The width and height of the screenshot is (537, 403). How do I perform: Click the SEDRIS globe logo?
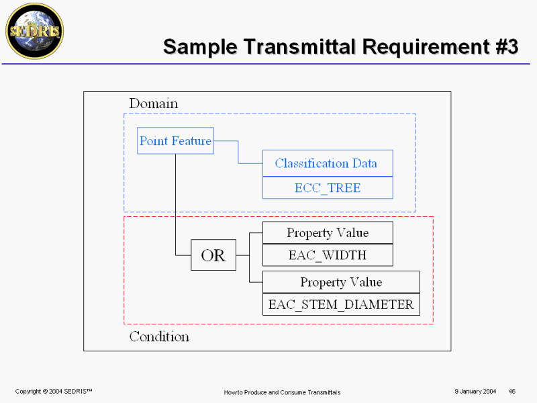[35, 31]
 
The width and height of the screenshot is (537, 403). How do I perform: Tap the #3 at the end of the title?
[507, 46]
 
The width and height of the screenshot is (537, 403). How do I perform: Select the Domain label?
[154, 103]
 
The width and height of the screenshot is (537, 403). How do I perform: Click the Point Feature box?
[175, 141]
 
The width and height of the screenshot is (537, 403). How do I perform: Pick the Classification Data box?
[328, 163]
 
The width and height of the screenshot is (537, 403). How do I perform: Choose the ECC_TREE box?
[328, 188]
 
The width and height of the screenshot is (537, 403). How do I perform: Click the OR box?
[213, 255]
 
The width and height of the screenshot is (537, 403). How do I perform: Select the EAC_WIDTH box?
[328, 255]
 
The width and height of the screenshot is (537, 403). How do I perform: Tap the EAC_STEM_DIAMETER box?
[341, 304]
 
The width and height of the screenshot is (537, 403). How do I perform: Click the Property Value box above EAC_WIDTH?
[328, 232]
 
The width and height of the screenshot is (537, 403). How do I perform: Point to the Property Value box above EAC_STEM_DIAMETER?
[341, 282]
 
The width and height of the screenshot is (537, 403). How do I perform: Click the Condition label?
[159, 337]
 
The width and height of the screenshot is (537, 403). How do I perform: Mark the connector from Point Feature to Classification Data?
[238, 152]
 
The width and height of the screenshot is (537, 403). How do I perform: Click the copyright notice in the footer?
[54, 392]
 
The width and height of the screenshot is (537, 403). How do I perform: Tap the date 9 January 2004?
[475, 392]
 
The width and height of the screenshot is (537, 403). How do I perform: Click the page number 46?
[512, 392]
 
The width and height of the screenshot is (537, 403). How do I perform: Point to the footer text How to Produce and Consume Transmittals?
[282, 392]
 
